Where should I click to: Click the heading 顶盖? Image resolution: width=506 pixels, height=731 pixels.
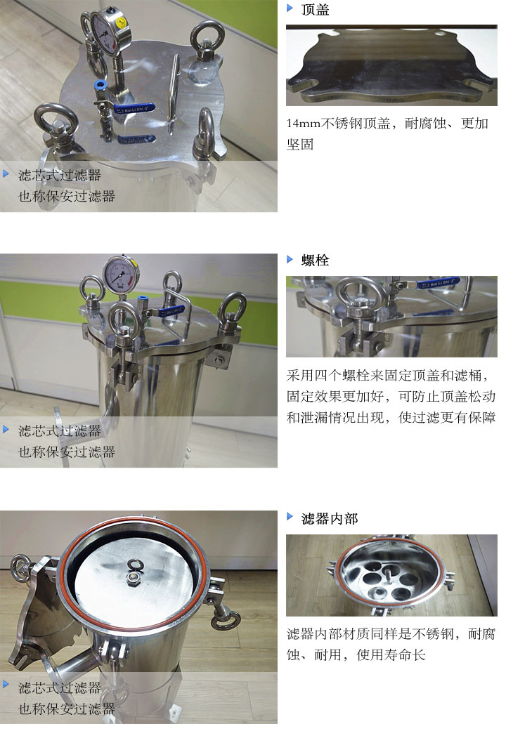(x=315, y=10)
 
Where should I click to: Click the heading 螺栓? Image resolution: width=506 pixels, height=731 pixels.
(x=315, y=260)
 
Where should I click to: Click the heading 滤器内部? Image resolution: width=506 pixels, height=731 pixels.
(x=330, y=518)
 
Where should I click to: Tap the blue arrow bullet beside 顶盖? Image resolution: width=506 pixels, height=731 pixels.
(x=290, y=8)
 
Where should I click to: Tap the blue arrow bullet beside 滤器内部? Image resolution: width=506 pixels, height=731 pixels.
(x=290, y=516)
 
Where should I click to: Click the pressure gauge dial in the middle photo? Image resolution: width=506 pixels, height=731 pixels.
(x=120, y=274)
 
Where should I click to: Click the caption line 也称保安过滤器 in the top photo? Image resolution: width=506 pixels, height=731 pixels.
(x=67, y=197)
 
